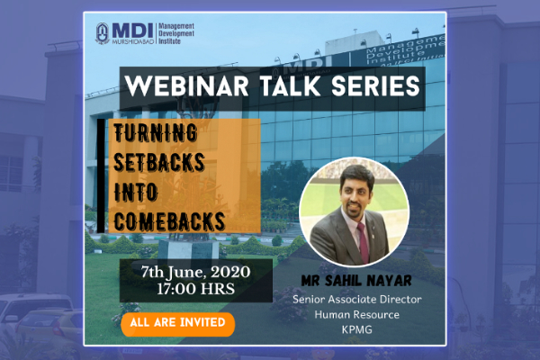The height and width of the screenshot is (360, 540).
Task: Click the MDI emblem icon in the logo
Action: tap(103, 33)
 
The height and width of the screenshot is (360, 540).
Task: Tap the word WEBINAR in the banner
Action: tap(186, 85)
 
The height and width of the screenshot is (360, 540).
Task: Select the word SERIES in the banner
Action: tap(375, 85)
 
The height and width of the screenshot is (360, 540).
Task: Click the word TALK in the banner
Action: tap(291, 85)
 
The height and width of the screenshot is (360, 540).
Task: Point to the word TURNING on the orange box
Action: tap(156, 132)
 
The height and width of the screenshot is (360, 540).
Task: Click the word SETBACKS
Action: tap(159, 162)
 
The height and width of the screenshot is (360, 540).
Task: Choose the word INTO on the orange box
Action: tap(136, 192)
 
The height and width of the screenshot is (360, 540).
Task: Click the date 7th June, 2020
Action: tap(195, 273)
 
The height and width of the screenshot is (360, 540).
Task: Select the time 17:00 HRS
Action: tap(195, 289)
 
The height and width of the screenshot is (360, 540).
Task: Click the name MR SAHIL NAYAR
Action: tap(356, 281)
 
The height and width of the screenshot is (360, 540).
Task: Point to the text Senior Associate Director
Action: tap(357, 300)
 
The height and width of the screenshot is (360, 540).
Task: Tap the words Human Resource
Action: tap(357, 314)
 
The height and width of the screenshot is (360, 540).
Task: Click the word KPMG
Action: tap(357, 329)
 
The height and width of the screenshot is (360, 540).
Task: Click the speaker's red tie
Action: tap(363, 242)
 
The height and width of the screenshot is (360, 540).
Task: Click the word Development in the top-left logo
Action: tap(176, 34)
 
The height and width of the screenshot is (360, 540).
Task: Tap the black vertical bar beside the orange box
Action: tap(101, 175)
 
